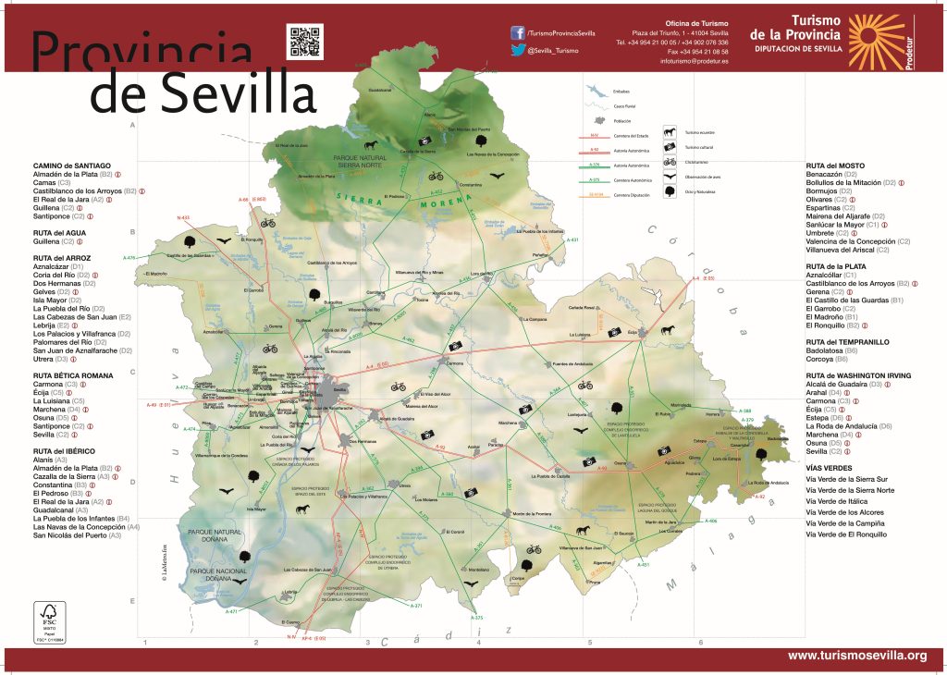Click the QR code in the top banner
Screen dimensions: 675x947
tap(304, 42)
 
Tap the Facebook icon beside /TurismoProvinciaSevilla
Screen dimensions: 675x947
tap(518, 32)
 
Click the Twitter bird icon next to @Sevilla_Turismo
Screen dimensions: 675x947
tap(518, 51)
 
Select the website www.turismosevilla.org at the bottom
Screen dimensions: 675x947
tap(856, 656)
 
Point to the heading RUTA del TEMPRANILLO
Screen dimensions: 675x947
tap(847, 342)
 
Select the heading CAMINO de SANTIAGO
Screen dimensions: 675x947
tap(71, 165)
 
